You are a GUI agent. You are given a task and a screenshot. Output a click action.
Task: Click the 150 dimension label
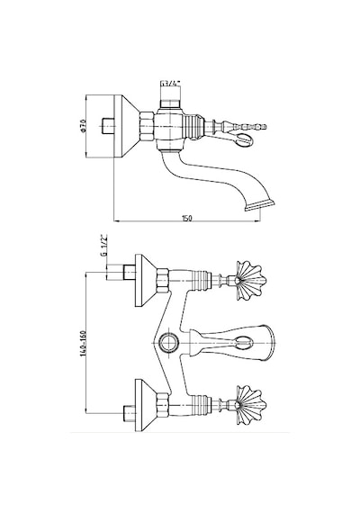pyautogui.click(x=187, y=218)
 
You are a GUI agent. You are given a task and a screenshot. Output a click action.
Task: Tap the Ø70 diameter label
pyautogui.click(x=83, y=126)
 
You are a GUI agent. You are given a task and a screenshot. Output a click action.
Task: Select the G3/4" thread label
pyautogui.click(x=170, y=83)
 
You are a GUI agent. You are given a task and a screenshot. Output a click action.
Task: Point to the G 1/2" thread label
pyautogui.click(x=104, y=245)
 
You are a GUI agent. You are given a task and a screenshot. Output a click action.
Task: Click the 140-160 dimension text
pyautogui.click(x=83, y=343)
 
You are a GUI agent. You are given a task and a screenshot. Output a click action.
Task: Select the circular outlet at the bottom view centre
pyautogui.click(x=168, y=343)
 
